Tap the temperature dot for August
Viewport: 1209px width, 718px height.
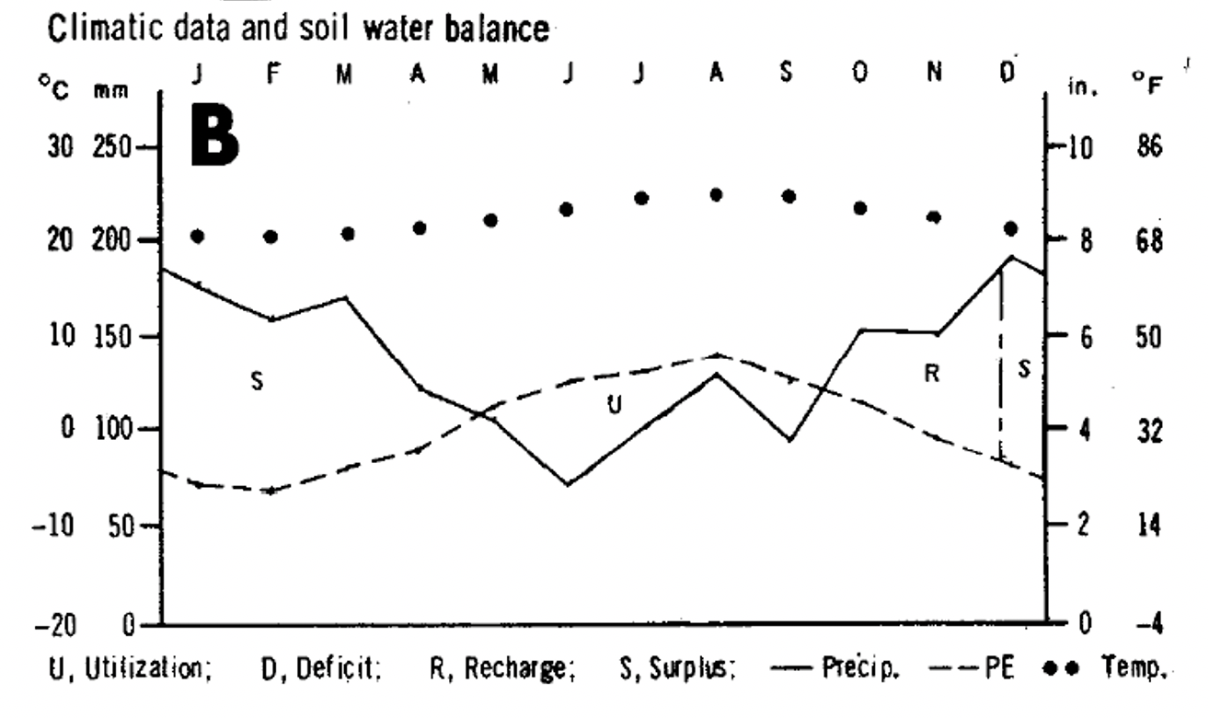(x=716, y=194)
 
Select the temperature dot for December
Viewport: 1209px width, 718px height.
(x=1011, y=227)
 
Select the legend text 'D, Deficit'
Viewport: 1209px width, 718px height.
(x=322, y=668)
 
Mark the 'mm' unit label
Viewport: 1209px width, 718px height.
(x=109, y=89)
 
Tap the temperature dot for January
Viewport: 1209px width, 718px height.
(x=197, y=237)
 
